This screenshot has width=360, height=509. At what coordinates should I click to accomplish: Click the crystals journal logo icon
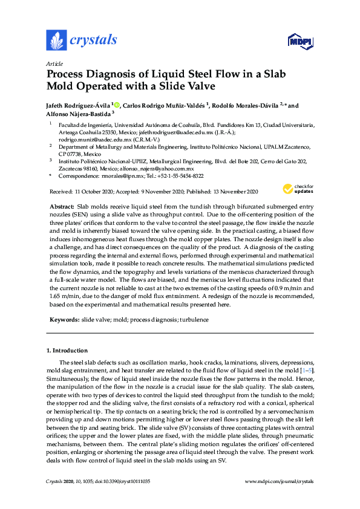coord(56,40)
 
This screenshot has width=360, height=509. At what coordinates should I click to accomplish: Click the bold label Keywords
coord(64,319)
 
